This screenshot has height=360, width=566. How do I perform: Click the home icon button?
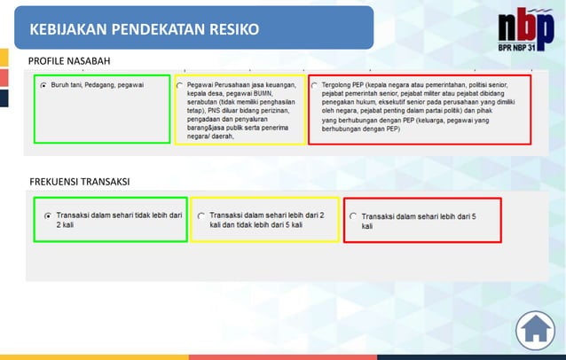(535, 330)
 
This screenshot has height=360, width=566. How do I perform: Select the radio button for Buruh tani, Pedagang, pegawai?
(43, 85)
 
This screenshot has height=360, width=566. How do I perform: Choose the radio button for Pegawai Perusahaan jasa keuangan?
(180, 85)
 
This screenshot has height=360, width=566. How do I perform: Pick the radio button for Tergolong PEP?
(314, 85)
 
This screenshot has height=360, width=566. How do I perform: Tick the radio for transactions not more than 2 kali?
(48, 215)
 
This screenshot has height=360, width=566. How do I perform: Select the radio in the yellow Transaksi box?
(201, 215)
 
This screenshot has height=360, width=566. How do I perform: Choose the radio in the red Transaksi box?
(353, 215)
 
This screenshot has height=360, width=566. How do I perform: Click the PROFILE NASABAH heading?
(69, 60)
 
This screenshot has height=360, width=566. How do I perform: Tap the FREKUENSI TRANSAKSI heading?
(79, 182)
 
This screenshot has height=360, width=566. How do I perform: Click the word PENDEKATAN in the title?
(149, 29)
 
